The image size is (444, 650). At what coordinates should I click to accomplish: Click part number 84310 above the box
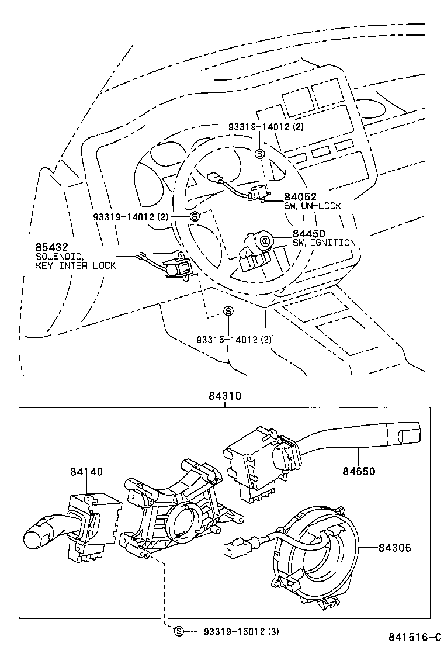click(224, 396)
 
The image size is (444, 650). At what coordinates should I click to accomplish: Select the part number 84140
click(86, 471)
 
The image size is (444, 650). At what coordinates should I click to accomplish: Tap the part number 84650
click(359, 471)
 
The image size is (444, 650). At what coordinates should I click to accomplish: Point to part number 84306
click(395, 548)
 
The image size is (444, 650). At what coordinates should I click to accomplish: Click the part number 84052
click(300, 197)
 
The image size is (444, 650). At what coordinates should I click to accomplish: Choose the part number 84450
click(309, 234)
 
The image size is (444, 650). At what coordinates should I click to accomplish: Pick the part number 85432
click(52, 247)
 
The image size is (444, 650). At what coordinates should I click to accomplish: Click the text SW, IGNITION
click(324, 243)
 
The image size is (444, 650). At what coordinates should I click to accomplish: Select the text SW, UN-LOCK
click(313, 206)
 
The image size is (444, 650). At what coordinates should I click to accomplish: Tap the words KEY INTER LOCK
click(76, 266)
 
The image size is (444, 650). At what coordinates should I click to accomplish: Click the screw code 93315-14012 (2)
click(234, 340)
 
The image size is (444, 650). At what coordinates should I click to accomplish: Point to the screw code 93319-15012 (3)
click(241, 631)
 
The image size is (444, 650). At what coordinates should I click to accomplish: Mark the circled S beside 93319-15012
click(179, 631)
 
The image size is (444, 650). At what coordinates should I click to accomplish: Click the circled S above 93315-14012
click(228, 311)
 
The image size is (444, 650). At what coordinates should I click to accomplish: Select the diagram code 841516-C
click(415, 637)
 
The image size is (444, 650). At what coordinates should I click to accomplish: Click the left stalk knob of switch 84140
click(39, 534)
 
